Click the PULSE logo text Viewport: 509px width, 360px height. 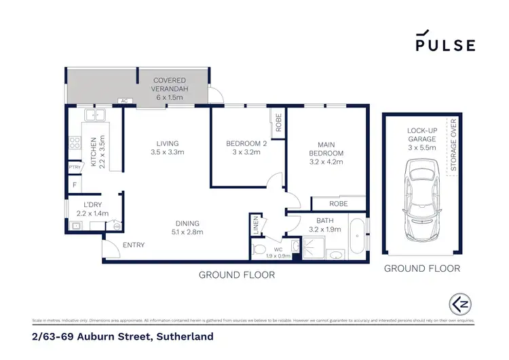click(445, 45)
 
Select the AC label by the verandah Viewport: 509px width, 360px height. click(124, 101)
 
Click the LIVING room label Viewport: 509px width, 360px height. click(167, 143)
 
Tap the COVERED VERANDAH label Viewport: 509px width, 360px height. click(170, 84)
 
